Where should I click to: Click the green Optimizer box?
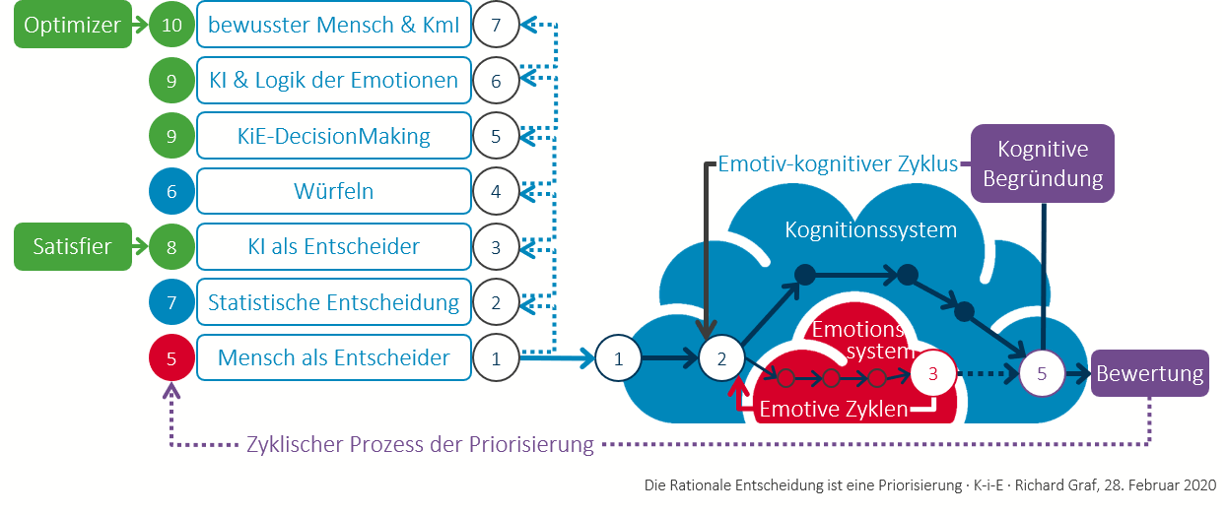click(x=72, y=27)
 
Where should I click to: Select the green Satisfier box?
click(x=72, y=246)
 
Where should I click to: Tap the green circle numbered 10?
click(x=171, y=27)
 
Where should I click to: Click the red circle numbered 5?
click(x=171, y=358)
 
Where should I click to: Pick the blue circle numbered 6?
click(x=171, y=191)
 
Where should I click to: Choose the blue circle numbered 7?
click(x=171, y=302)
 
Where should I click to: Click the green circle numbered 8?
click(x=171, y=246)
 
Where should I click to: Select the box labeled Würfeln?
click(x=333, y=191)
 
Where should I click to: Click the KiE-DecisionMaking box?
click(x=333, y=136)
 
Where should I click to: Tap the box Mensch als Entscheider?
click(x=333, y=358)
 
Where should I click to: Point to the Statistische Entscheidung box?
click(x=333, y=302)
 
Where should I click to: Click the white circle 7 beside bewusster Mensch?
click(x=496, y=27)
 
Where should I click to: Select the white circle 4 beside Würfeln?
click(x=496, y=191)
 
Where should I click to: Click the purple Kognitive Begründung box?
click(x=1043, y=163)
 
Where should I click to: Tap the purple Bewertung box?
click(x=1149, y=374)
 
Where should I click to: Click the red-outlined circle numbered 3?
click(x=934, y=374)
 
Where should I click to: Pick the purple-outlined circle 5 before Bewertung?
click(x=1043, y=374)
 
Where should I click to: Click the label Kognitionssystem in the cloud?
click(x=870, y=230)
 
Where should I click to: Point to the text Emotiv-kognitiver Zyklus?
click(x=838, y=163)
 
